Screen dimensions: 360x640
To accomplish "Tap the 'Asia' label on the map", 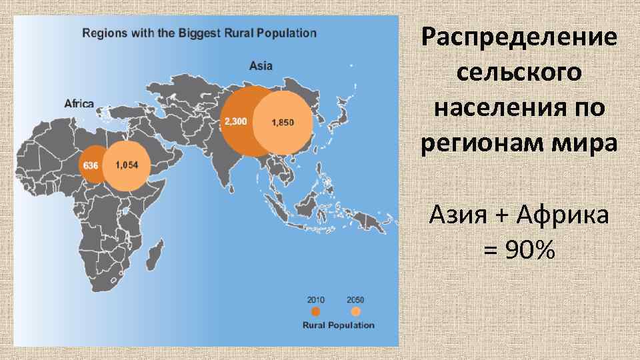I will (261, 66).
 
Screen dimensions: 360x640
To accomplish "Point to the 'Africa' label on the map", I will (79, 103).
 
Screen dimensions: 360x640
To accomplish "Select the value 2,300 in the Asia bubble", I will (235, 121).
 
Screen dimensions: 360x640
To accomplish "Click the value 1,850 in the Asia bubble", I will (282, 122).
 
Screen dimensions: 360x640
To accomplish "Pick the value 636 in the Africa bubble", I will (91, 165).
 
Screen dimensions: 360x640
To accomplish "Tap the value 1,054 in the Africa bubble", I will (126, 165).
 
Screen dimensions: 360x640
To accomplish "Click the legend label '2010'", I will (316, 299).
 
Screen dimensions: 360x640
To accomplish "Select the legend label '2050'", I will (355, 299).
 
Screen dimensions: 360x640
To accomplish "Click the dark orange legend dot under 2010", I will (316, 311).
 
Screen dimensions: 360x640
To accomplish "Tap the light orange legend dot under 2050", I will (355, 311).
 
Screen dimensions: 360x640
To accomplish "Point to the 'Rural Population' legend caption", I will (338, 325).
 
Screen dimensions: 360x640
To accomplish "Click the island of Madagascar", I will (155, 254).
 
